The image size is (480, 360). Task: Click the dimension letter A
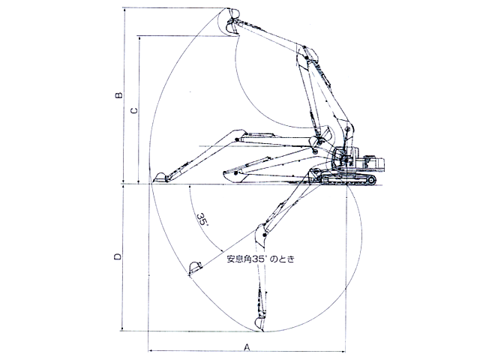click(x=247, y=347)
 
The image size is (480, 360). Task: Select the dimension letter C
click(x=133, y=110)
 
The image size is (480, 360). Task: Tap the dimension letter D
click(x=118, y=256)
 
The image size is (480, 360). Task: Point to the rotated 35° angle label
click(x=202, y=219)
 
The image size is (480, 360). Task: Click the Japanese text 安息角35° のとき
click(x=260, y=259)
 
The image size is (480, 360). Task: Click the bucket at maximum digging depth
click(x=259, y=324)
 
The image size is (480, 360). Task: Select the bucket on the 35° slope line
click(x=195, y=268)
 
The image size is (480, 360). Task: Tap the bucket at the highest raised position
click(x=232, y=13)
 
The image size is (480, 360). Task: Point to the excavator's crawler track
click(x=348, y=179)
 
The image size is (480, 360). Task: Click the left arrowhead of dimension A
click(x=150, y=351)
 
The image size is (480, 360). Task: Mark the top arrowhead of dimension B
click(x=124, y=10)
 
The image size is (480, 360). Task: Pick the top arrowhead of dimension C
click(x=139, y=38)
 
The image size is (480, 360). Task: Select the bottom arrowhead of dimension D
click(x=122, y=328)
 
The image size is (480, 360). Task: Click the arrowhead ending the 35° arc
click(x=221, y=250)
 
